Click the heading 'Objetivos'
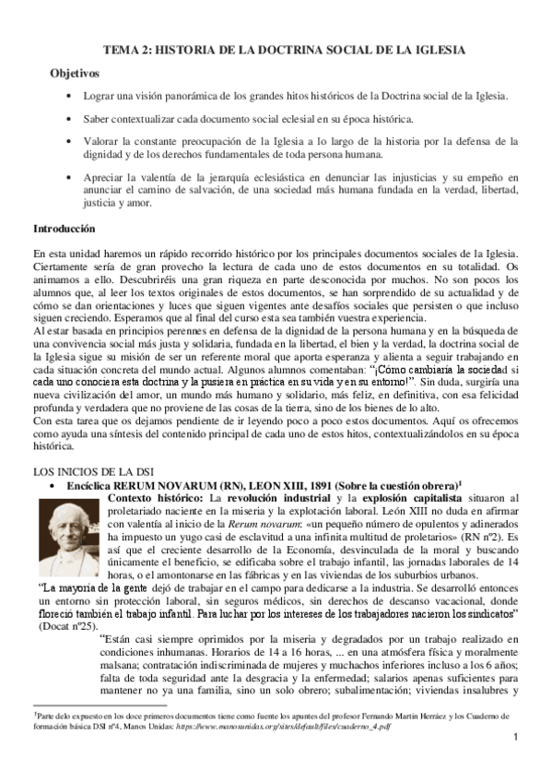(x=74, y=72)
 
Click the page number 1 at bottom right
(x=518, y=763)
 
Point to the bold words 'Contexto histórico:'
(x=157, y=498)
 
